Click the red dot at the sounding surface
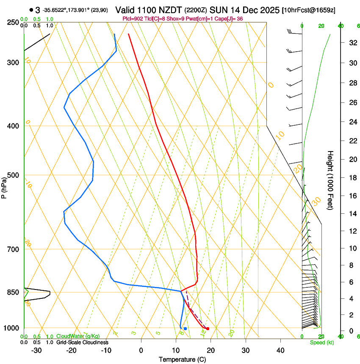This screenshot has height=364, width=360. (x=208, y=328)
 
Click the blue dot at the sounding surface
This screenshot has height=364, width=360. (x=185, y=328)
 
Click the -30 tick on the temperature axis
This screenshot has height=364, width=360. (x=36, y=350)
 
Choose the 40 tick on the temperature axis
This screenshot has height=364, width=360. (x=280, y=350)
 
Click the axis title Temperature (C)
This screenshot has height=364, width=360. (x=182, y=359)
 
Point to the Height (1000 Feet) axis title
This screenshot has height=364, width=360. (x=331, y=180)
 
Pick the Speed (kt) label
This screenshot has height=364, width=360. (x=322, y=342)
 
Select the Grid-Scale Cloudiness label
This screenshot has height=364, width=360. (x=82, y=342)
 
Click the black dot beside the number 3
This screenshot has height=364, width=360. (x=31, y=10)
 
